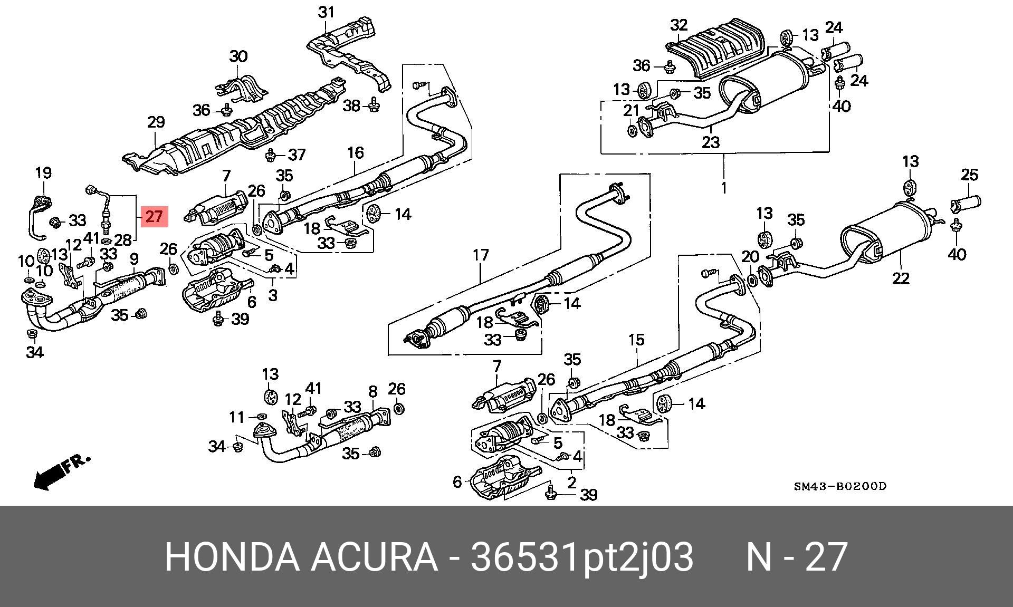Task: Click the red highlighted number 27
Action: click(154, 216)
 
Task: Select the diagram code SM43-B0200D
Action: click(840, 486)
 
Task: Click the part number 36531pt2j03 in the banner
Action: click(581, 557)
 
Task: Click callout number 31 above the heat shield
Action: click(327, 12)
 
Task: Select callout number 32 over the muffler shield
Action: click(679, 25)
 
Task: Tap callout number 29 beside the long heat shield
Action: click(156, 122)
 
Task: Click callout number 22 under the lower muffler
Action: click(901, 278)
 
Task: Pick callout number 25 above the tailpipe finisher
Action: click(970, 175)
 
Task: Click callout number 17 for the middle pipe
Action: click(481, 256)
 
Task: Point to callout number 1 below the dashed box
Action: click(724, 188)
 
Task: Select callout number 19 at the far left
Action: click(43, 172)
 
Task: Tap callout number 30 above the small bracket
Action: click(238, 56)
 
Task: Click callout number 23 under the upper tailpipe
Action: click(711, 142)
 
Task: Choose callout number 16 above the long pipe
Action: click(356, 153)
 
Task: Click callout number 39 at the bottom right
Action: click(588, 495)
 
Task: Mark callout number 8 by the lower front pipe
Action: click(373, 392)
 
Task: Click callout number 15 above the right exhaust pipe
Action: click(636, 340)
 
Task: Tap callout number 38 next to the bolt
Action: click(351, 105)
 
